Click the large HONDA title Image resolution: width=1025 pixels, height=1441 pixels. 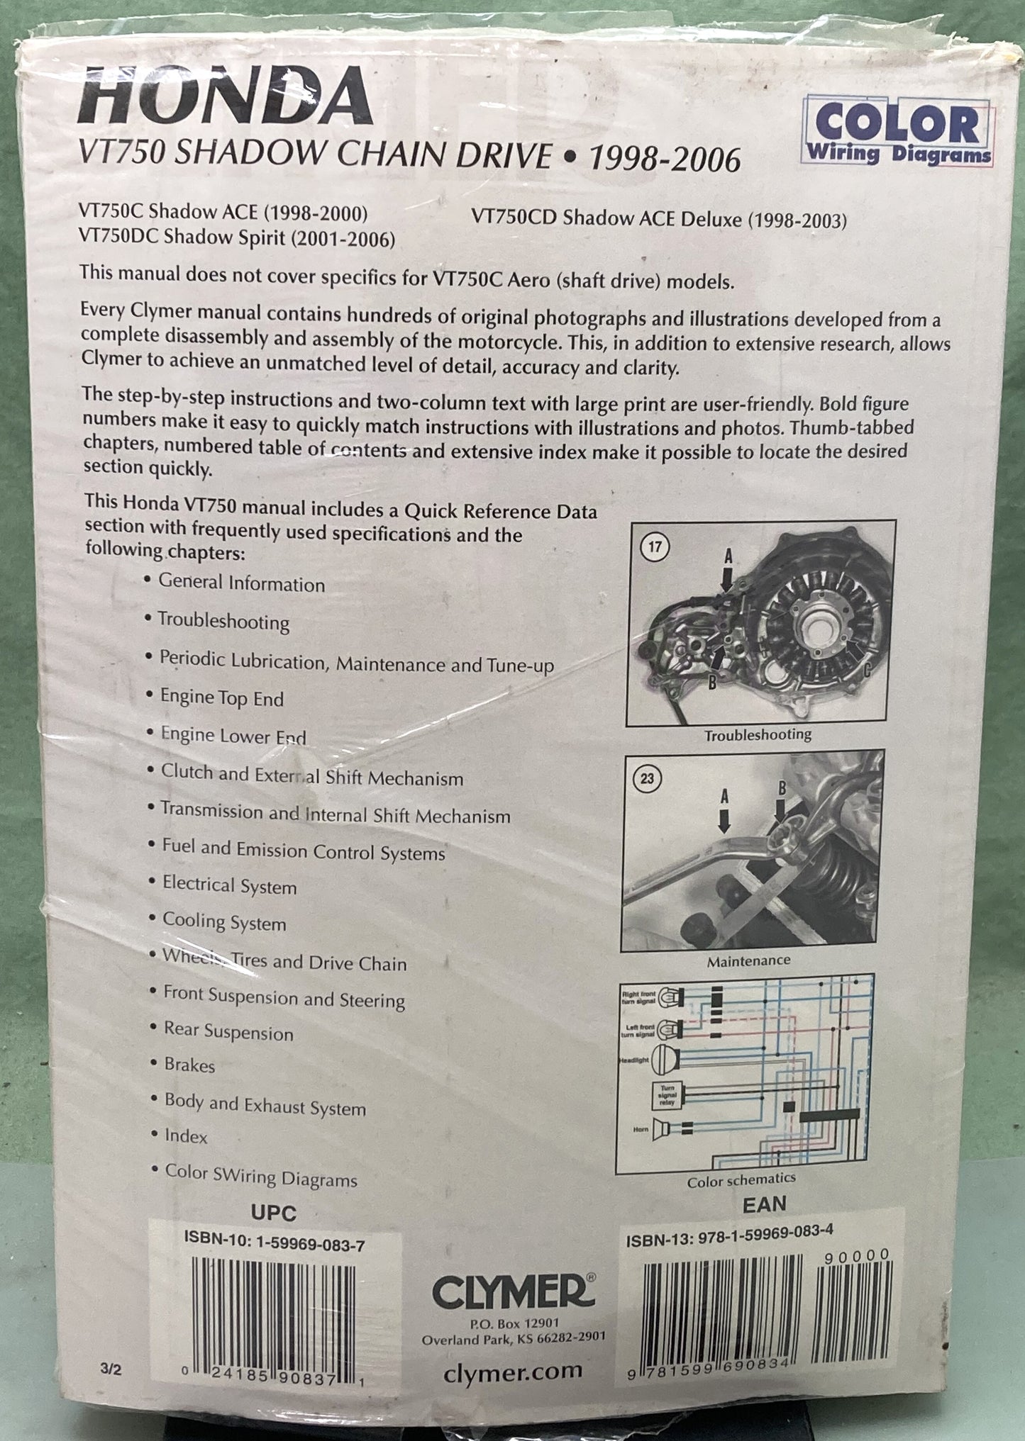(225, 99)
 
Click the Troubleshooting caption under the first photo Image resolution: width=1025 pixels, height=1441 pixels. (758, 735)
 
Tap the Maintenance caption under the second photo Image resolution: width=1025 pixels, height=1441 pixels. (748, 961)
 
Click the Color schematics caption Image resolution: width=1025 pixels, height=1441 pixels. (741, 1180)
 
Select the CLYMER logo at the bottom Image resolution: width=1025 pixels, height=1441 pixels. (512, 1294)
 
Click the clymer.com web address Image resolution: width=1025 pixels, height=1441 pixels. (512, 1372)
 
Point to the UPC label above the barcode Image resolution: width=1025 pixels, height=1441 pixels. (273, 1213)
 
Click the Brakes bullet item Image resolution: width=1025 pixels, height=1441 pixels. (189, 1065)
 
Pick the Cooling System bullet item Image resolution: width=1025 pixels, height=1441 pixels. (224, 922)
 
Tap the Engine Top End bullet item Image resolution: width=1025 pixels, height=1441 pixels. (221, 697)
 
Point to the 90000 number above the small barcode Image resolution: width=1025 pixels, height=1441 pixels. (858, 1255)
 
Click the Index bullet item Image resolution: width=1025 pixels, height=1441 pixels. (186, 1137)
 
